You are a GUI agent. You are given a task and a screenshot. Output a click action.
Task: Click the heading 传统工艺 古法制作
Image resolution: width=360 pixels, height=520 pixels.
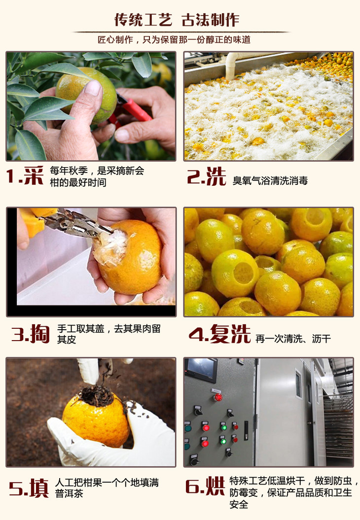[x=177, y=20]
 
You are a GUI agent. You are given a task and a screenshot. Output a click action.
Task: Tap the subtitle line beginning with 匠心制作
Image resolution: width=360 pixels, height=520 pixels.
[x=174, y=40]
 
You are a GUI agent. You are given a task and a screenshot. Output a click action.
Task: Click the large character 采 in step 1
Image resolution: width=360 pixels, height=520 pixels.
[x=34, y=175]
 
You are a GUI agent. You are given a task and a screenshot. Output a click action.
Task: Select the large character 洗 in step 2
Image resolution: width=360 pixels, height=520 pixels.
[x=216, y=176]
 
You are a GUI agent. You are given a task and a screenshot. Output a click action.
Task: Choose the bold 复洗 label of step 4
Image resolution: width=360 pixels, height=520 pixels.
[x=230, y=334]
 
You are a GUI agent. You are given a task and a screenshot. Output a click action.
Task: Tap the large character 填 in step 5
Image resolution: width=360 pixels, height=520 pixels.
[x=39, y=487]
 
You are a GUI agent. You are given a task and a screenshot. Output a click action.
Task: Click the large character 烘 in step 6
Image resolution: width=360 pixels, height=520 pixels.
[x=215, y=486]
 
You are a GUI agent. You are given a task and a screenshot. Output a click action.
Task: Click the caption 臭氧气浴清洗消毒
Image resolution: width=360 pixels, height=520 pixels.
[x=270, y=181]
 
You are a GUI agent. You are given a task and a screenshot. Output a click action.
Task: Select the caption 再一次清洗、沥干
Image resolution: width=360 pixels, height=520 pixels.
[x=293, y=339]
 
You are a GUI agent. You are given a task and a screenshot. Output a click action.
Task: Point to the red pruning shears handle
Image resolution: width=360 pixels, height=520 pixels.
[x=133, y=110]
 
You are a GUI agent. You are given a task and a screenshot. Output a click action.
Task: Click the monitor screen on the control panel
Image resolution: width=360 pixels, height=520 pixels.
[x=202, y=369]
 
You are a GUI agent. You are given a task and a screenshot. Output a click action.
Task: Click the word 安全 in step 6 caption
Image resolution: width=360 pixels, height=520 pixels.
[x=239, y=504]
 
